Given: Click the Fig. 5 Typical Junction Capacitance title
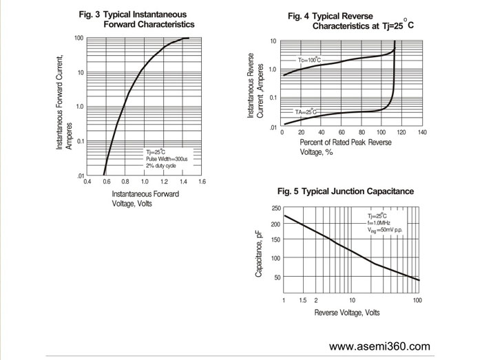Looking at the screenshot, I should coord(345,191).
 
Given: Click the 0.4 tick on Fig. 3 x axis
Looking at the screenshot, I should coord(87,182).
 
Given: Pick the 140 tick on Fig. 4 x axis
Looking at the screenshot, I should coord(422,131).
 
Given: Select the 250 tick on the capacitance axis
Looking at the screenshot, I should coord(275,208).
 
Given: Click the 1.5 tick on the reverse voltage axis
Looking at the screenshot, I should coord(302,301).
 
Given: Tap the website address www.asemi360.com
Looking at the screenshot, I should coord(380,346).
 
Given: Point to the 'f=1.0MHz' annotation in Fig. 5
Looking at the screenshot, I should coord(379,223).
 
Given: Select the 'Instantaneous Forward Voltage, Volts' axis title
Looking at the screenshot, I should coord(145,198).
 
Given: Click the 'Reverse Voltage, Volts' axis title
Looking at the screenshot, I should coord(347,313).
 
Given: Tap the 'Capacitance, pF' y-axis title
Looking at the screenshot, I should coord(259,254).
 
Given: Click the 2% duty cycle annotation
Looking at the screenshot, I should coord(161,166).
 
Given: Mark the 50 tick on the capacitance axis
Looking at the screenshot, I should coord(277,277).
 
